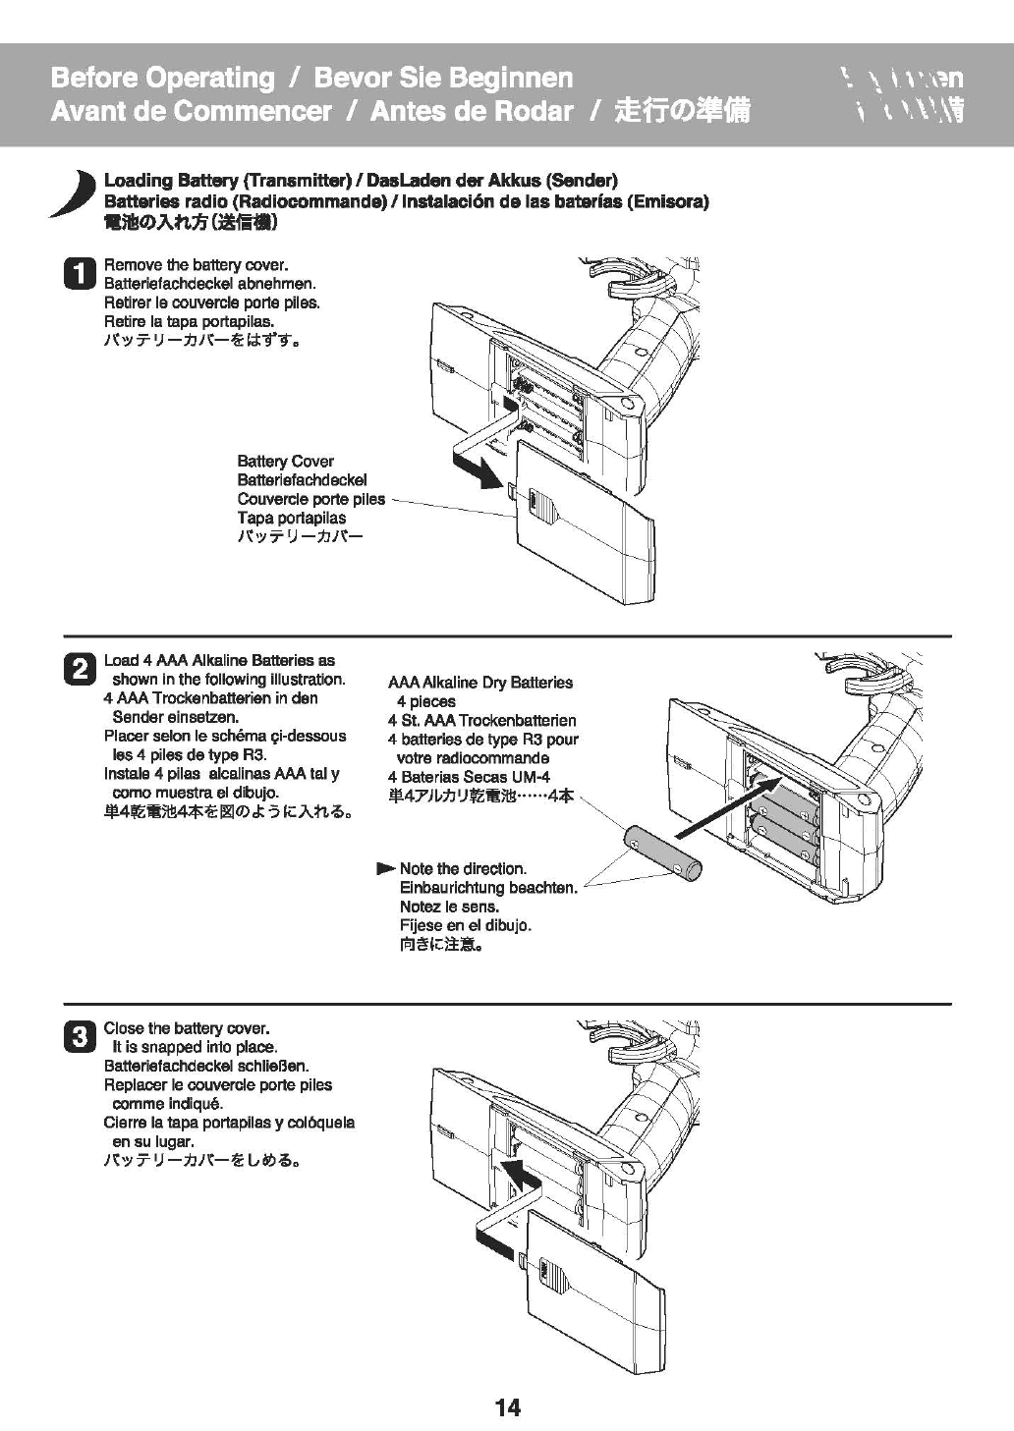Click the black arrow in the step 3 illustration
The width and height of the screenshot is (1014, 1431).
click(519, 1171)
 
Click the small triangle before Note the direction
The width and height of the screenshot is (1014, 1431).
click(385, 869)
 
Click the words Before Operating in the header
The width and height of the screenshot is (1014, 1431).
click(162, 78)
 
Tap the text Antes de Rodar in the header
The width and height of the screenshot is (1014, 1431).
click(471, 111)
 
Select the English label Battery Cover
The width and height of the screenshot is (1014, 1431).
click(285, 462)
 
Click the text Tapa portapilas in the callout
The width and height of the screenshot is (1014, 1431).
click(291, 518)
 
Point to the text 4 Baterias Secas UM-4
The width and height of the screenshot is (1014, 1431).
click(469, 777)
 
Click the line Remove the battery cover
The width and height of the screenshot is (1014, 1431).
click(196, 265)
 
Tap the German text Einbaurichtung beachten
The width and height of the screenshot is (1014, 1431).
click(487, 888)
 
